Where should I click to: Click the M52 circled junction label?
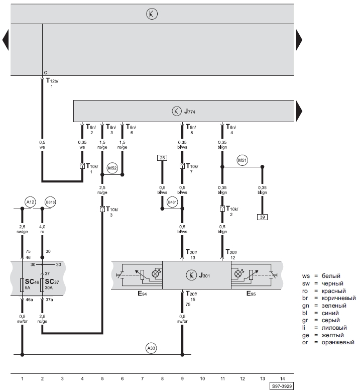click(x=112, y=168)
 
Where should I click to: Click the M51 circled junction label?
click(x=242, y=160)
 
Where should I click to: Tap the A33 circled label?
click(x=151, y=348)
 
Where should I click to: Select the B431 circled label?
click(x=172, y=202)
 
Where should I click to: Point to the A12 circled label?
click(x=31, y=202)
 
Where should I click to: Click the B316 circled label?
click(x=50, y=202)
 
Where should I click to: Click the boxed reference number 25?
click(x=162, y=158)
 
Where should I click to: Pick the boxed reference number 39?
click(x=262, y=217)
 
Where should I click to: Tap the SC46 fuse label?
click(x=32, y=282)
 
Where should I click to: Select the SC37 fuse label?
click(x=52, y=282)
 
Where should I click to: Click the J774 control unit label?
click(x=190, y=111)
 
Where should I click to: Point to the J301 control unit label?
click(x=204, y=275)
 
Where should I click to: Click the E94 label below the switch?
click(x=142, y=294)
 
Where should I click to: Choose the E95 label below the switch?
click(x=251, y=294)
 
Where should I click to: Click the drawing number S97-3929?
click(x=282, y=386)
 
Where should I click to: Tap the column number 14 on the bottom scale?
click(x=282, y=378)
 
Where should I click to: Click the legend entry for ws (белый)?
click(x=321, y=276)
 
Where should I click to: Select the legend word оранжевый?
click(x=338, y=342)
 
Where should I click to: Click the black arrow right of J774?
click(x=299, y=111)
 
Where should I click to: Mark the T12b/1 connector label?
click(x=52, y=83)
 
